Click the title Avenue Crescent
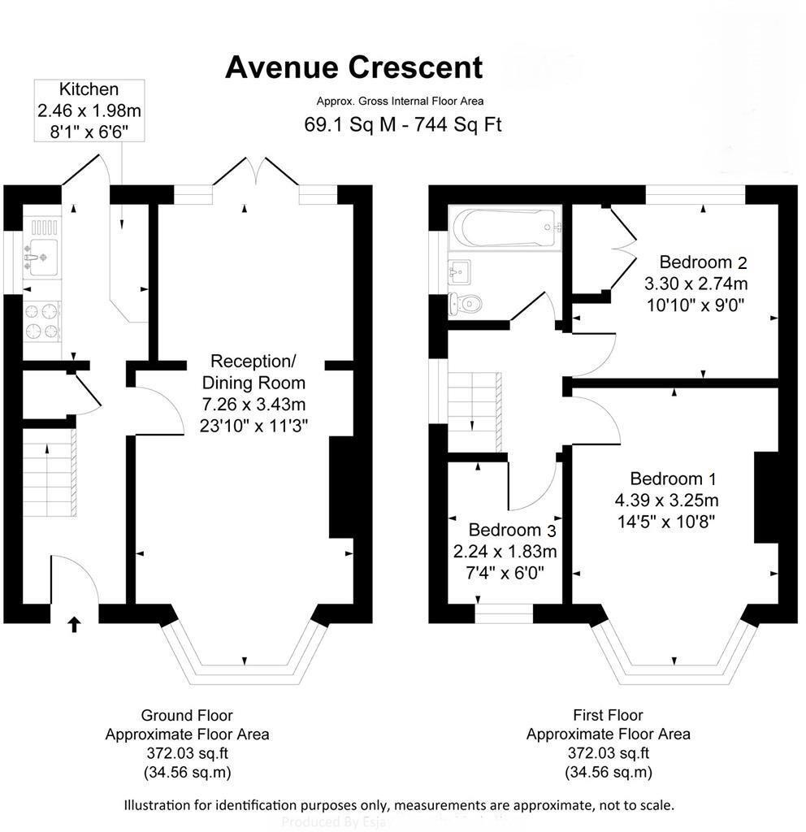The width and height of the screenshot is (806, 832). (353, 67)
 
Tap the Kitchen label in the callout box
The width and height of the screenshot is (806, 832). (89, 89)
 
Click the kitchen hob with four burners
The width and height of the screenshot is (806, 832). (42, 319)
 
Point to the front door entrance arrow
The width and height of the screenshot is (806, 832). (74, 624)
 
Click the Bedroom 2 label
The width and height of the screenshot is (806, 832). (703, 262)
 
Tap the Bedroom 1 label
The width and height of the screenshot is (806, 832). (673, 479)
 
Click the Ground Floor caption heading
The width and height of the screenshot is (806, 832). (187, 716)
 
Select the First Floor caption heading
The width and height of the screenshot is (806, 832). (608, 716)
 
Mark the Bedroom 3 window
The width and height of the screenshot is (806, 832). (504, 613)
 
